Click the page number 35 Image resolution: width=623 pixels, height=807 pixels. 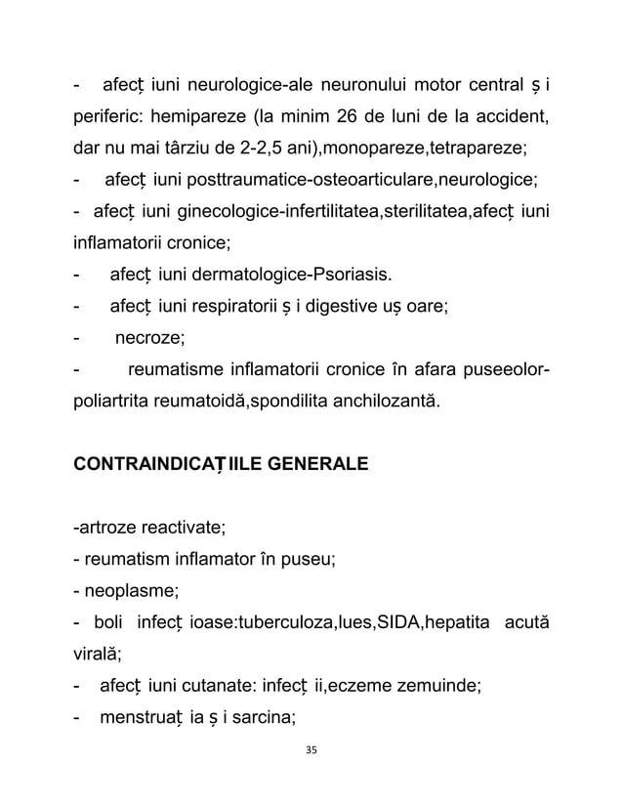coord(311,750)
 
